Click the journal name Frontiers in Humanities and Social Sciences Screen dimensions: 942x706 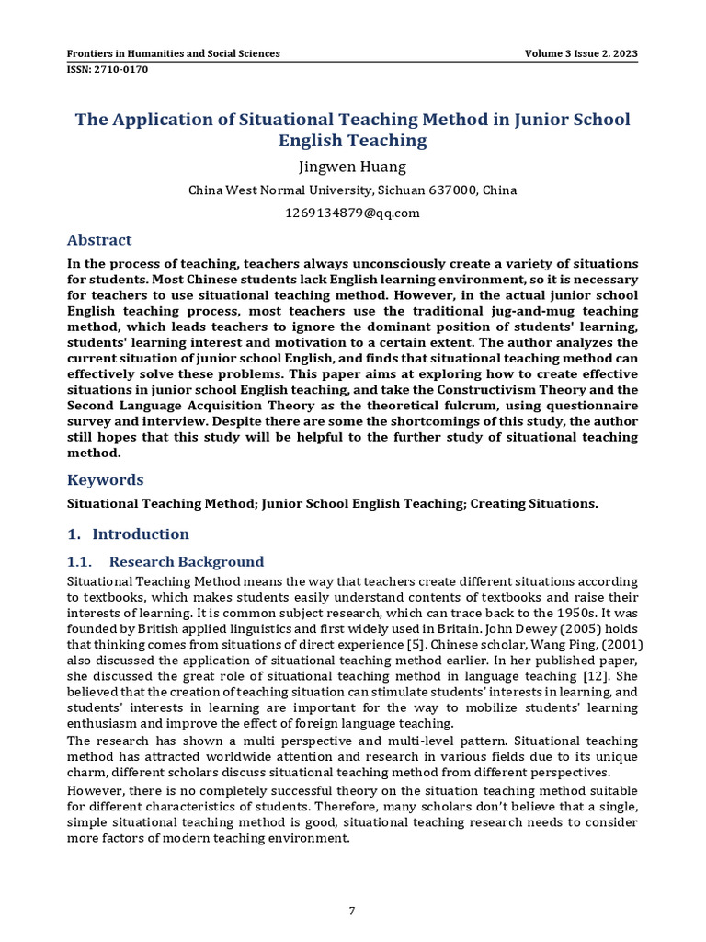pyautogui.click(x=174, y=53)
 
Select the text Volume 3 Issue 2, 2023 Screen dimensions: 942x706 pyautogui.click(x=581, y=53)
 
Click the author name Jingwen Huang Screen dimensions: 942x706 pyautogui.click(x=352, y=167)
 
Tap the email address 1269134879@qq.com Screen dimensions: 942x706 pyautogui.click(x=352, y=213)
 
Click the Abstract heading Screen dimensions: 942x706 pyautogui.click(x=99, y=240)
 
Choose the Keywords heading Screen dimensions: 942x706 pyautogui.click(x=106, y=479)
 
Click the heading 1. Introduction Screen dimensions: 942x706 pyautogui.click(x=129, y=534)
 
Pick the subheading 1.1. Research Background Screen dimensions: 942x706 pyautogui.click(x=165, y=561)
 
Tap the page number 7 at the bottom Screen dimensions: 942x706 pyautogui.click(x=352, y=911)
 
